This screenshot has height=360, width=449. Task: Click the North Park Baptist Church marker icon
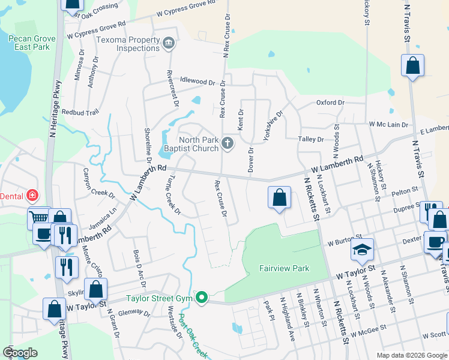tap(227, 143)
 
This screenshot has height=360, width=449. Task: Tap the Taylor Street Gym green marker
tap(202, 297)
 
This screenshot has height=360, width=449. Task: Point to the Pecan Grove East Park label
tap(29, 42)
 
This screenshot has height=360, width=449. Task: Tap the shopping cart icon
tap(39, 218)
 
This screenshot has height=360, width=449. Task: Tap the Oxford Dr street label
tap(330, 103)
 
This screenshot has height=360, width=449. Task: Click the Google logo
tap(20, 353)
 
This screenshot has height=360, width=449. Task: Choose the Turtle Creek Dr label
tap(172, 191)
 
